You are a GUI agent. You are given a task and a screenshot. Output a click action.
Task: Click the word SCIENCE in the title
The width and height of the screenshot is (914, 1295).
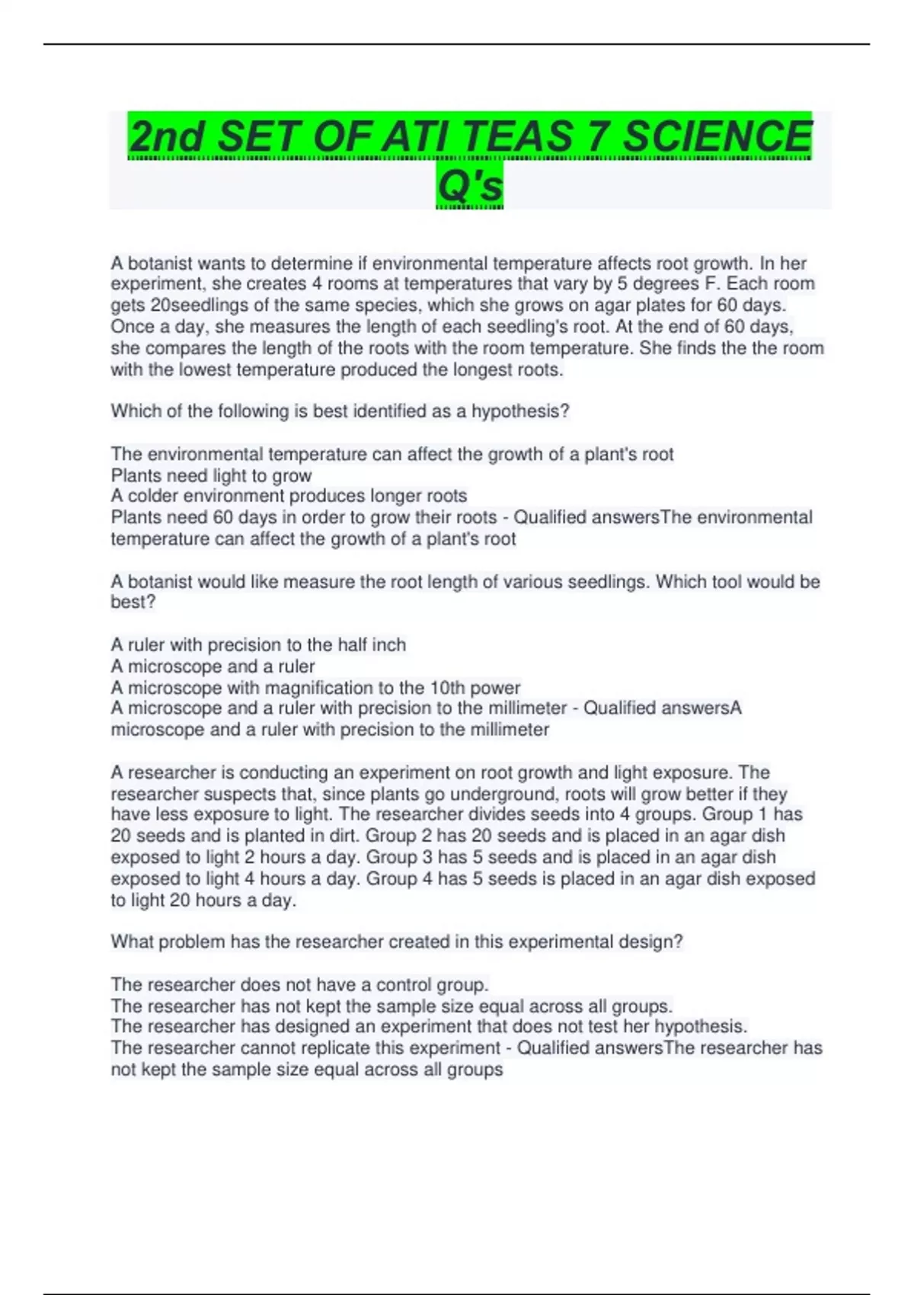717,137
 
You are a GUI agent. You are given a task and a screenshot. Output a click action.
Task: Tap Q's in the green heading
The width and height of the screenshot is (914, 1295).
470,185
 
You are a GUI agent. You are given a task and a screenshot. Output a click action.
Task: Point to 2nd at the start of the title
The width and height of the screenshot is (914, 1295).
167,137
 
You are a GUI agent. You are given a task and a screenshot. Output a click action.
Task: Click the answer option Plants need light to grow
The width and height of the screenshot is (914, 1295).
211,475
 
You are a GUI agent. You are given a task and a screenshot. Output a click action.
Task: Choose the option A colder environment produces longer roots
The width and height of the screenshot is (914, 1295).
289,496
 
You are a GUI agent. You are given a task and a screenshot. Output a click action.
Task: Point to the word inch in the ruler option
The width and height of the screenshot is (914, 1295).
388,645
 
